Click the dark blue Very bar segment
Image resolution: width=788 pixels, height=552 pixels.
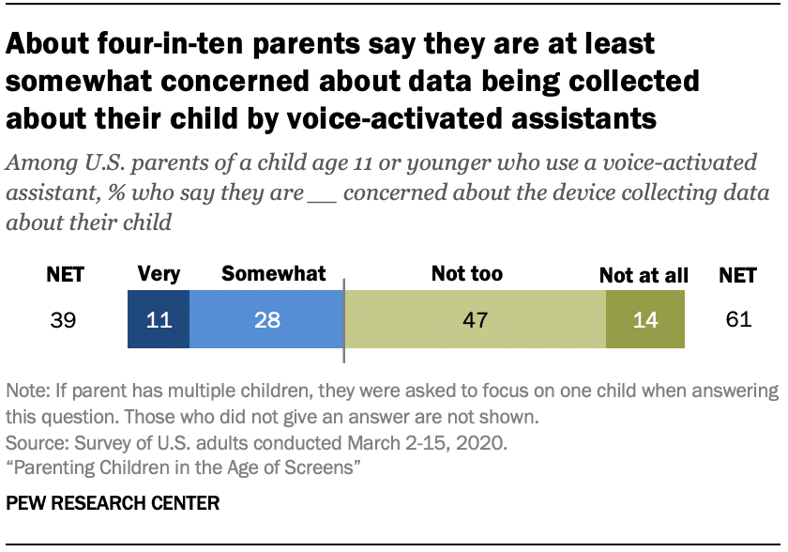point(159,320)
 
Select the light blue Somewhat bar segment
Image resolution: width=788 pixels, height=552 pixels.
point(266,320)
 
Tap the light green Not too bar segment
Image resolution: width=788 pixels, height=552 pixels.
point(476,320)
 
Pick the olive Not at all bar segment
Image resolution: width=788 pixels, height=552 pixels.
point(645,320)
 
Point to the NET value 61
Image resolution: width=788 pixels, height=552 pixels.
point(739,320)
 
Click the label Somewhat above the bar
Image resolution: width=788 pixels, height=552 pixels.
point(273,274)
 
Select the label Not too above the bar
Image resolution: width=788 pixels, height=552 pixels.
point(466,274)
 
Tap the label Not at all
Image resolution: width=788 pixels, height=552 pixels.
point(644,276)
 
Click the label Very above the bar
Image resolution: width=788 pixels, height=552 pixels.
point(159,274)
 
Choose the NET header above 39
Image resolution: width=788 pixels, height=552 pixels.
point(66,275)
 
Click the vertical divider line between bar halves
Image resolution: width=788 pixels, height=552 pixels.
point(344,320)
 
